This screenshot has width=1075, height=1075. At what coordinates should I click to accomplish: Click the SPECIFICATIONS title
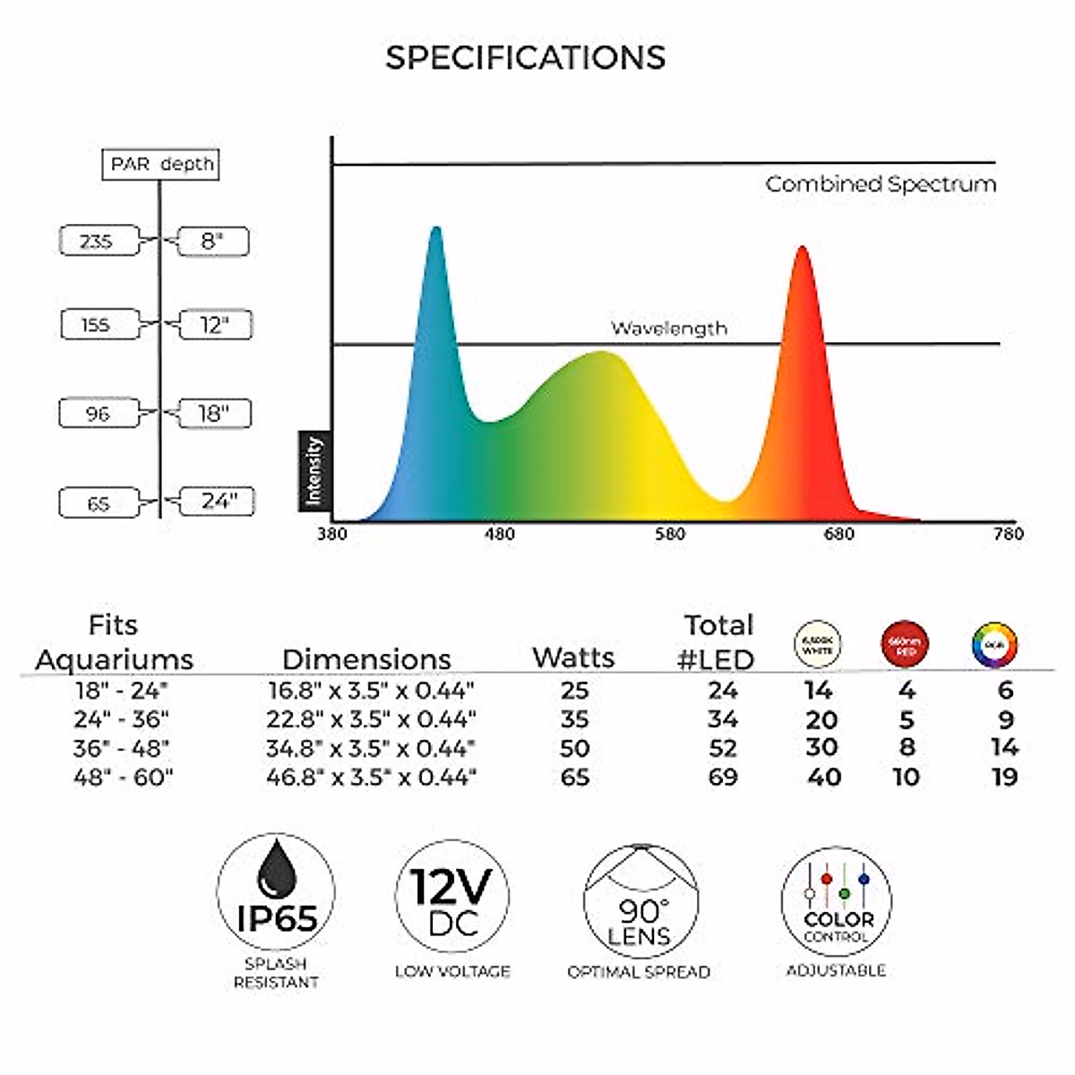tap(525, 58)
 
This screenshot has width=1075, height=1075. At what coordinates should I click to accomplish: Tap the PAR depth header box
tap(161, 164)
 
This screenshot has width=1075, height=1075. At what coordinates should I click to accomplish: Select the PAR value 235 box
tap(99, 241)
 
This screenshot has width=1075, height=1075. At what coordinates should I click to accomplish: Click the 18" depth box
tap(213, 413)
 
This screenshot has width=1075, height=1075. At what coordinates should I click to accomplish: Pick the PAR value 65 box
tap(99, 503)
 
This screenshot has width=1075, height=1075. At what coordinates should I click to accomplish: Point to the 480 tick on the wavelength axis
tap(499, 534)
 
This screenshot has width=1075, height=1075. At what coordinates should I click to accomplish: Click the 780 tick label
tap(1008, 534)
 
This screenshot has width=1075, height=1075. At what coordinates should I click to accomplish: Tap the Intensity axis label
tap(313, 470)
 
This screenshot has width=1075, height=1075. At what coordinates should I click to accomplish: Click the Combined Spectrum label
tap(880, 185)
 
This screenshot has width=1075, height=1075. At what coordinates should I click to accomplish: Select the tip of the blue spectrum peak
tap(436, 228)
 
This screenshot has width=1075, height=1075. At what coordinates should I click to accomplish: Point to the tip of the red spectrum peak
tap(802, 248)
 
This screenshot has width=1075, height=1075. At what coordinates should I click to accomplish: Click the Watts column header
tap(573, 658)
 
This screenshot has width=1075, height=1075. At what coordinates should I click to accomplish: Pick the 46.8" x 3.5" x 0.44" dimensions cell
tap(371, 777)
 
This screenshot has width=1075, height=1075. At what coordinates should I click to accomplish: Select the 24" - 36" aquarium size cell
tap(121, 719)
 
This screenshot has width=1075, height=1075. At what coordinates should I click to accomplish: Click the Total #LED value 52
tap(723, 748)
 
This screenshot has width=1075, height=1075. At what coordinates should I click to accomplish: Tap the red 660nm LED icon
tap(905, 645)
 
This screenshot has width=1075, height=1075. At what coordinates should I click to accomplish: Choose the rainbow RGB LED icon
tap(994, 645)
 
